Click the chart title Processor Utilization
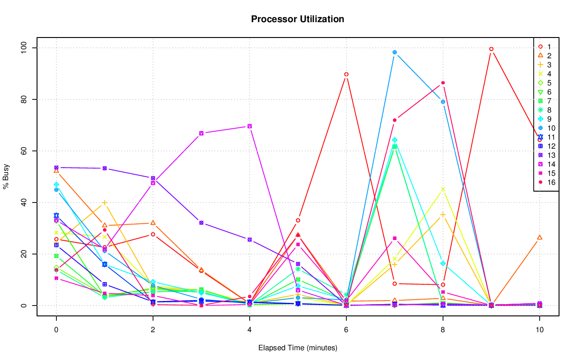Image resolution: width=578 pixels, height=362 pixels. (298, 19)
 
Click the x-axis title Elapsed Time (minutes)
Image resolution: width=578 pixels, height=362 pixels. (298, 348)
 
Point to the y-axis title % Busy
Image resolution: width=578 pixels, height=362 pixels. (6, 176)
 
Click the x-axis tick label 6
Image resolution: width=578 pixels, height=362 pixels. (346, 330)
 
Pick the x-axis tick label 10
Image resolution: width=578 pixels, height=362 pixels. (539, 330)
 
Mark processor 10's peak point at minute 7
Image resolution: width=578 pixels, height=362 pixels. (395, 52)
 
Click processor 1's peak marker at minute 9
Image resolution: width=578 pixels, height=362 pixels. (491, 49)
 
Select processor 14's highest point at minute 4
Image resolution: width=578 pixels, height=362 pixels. (249, 126)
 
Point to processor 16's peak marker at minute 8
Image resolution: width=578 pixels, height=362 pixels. (443, 83)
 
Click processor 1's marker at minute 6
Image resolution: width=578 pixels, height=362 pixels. (346, 74)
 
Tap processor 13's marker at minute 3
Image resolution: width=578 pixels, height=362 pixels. (201, 223)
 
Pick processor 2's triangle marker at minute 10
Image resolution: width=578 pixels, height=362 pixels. (539, 237)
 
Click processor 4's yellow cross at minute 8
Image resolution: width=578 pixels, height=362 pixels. (443, 189)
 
